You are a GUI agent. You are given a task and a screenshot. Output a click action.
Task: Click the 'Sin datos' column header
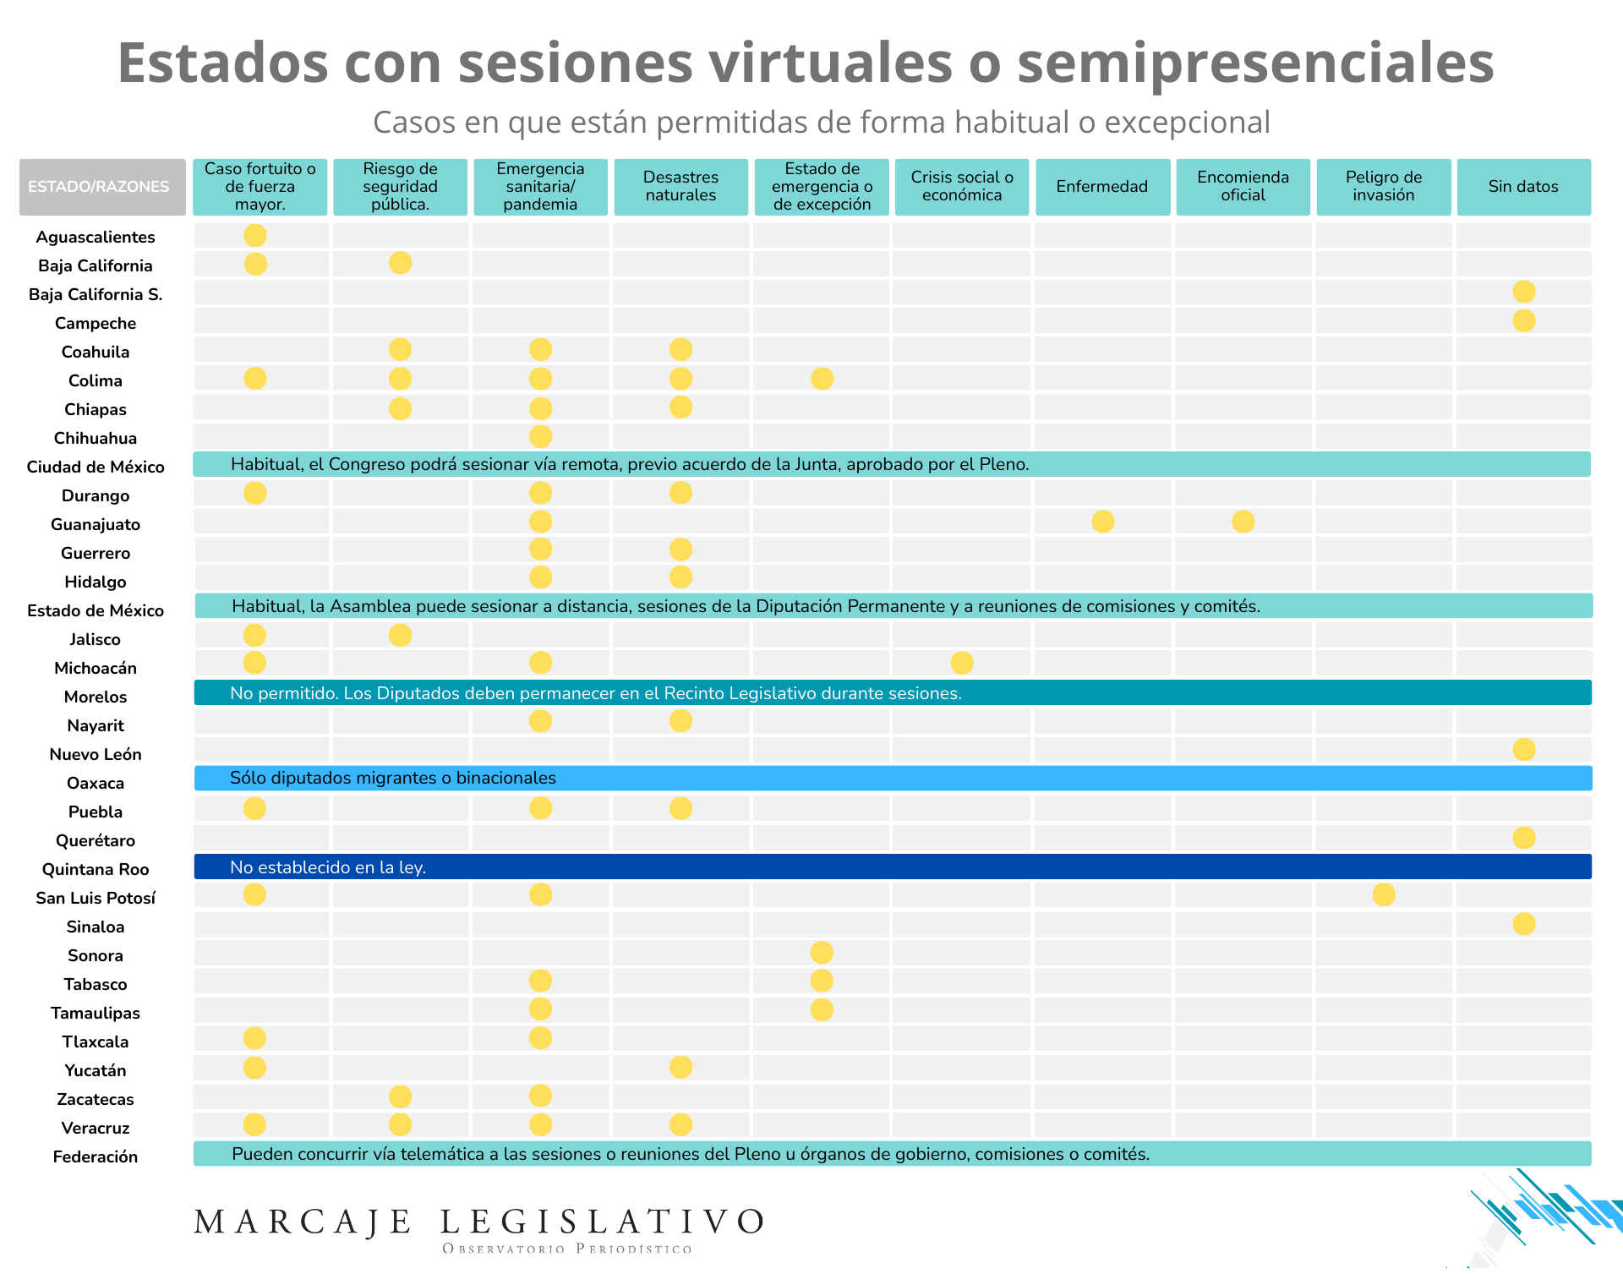coord(1523,187)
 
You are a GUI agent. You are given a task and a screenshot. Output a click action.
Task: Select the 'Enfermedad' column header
coord(1101,187)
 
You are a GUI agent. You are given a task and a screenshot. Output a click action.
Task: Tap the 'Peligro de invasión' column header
coord(1383,187)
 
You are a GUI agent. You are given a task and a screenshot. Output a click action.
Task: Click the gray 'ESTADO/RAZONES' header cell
coord(99,187)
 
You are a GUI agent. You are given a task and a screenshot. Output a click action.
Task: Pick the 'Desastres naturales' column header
coord(680,187)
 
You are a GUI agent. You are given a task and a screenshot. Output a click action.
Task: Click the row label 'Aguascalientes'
coord(96,238)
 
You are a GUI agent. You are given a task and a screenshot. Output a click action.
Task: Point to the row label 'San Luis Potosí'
coord(96,898)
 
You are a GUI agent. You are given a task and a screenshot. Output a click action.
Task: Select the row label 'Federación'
coord(96,1156)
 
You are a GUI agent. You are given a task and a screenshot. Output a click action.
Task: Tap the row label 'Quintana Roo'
coord(96,869)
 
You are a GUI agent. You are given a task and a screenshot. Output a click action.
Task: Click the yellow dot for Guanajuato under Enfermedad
coord(1102,522)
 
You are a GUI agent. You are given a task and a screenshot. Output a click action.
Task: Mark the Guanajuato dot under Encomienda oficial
coord(1243,522)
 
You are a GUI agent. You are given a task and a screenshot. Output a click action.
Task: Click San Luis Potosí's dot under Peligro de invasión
coord(1384,894)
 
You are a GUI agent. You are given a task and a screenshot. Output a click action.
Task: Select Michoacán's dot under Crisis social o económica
coord(962,663)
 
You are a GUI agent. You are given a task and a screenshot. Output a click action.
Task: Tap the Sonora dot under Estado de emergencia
coord(822,953)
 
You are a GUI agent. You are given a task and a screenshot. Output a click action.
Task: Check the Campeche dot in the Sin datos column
coord(1524,321)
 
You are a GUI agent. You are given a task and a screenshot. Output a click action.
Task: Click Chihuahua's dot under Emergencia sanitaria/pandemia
coord(540,436)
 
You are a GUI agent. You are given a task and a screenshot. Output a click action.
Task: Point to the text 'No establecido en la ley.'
coord(328,867)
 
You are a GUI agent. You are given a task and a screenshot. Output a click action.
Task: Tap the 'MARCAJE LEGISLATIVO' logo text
coord(478,1222)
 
